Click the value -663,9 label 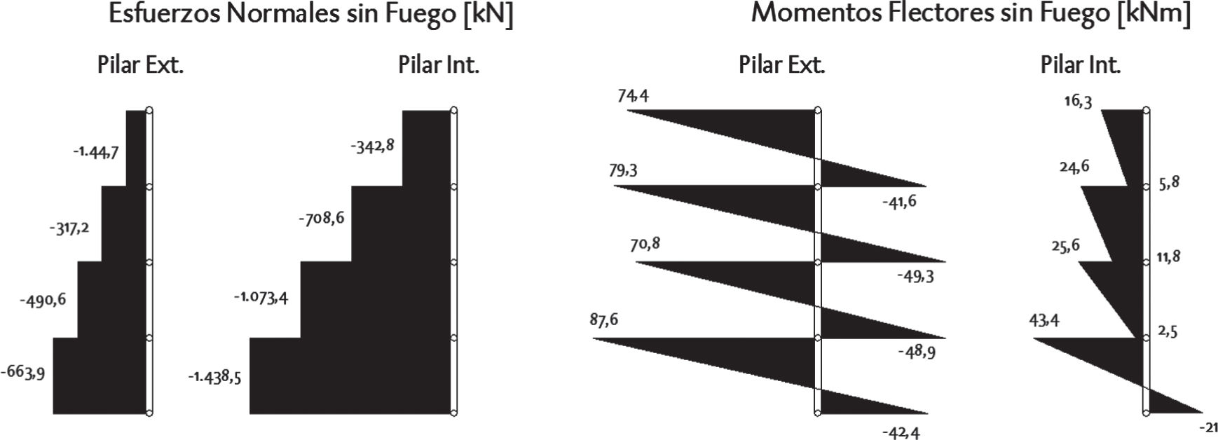click(x=22, y=373)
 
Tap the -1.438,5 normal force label click(x=214, y=377)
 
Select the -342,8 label click(x=373, y=146)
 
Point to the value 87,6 click(x=603, y=320)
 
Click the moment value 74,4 click(x=633, y=95)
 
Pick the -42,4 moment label click(x=901, y=432)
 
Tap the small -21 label click(x=1208, y=427)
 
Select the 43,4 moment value click(x=1044, y=321)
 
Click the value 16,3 click(x=1077, y=101)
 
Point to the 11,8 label click(x=1168, y=257)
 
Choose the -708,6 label click(x=321, y=219)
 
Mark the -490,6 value click(x=43, y=300)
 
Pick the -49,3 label click(x=915, y=276)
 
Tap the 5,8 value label click(x=1169, y=182)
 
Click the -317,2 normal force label click(x=69, y=228)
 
